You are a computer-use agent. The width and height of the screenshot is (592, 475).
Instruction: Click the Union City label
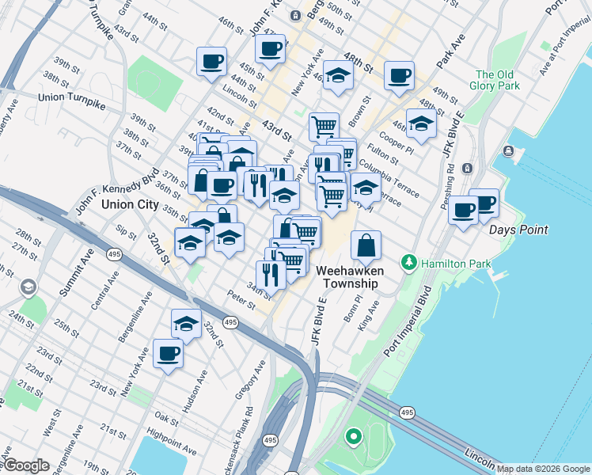pyautogui.click(x=130, y=203)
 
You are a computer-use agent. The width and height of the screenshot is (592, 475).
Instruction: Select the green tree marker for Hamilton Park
pyautogui.click(x=409, y=261)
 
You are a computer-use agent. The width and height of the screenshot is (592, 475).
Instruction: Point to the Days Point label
pyautogui.click(x=518, y=230)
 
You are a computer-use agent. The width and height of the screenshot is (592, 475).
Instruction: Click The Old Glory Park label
pyautogui.click(x=495, y=80)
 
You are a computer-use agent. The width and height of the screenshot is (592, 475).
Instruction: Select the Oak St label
pyautogui.click(x=166, y=416)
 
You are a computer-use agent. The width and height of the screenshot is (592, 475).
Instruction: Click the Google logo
pyautogui.click(x=26, y=465)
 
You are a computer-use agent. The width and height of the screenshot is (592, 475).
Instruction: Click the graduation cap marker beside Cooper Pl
pyautogui.click(x=421, y=123)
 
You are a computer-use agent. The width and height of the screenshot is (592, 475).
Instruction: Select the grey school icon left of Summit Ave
pyautogui.click(x=29, y=287)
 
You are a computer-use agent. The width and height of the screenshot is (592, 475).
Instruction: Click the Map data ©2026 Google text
pyautogui.click(x=543, y=469)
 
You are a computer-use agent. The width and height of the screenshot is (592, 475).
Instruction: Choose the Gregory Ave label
pyautogui.click(x=258, y=380)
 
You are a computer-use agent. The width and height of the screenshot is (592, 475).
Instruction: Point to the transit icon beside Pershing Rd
pyautogui.click(x=467, y=168)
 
